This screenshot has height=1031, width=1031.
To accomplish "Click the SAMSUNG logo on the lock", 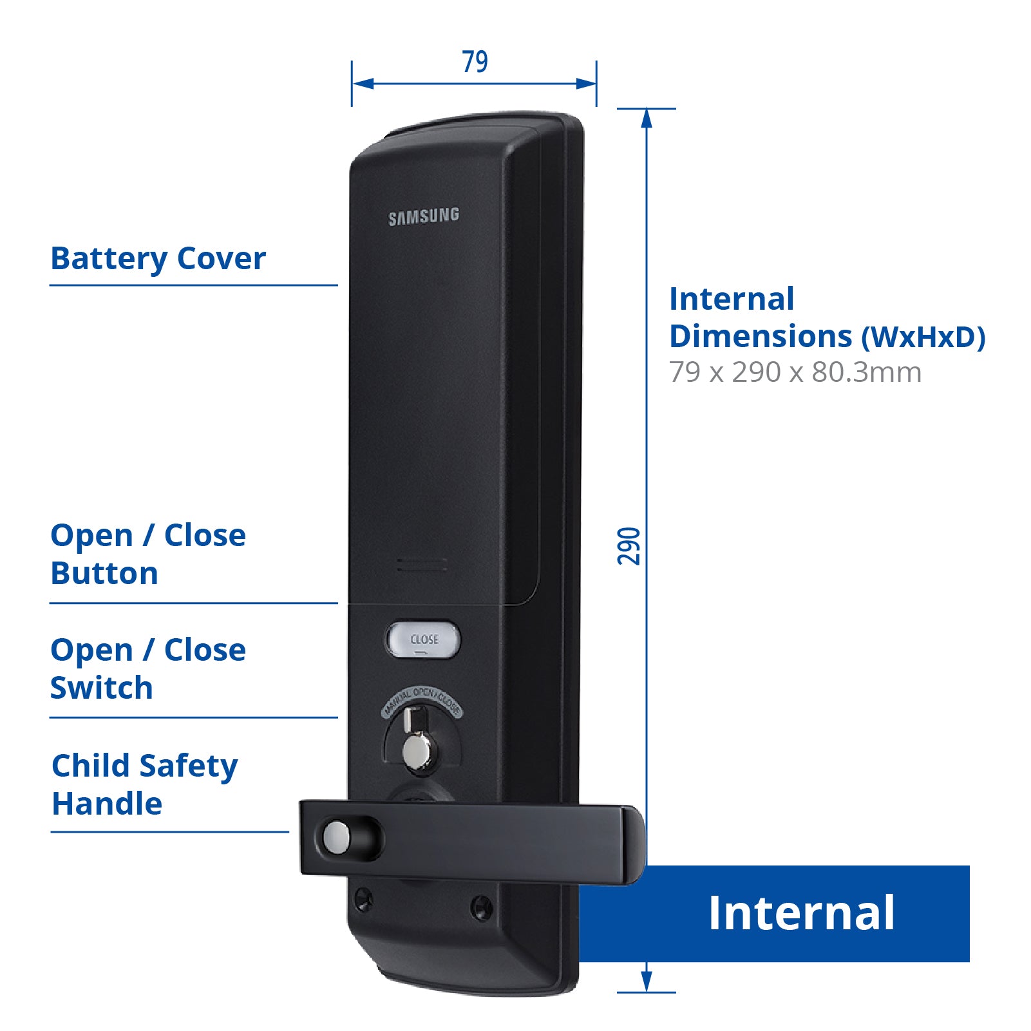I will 424,216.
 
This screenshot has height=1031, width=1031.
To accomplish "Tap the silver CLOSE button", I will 423,639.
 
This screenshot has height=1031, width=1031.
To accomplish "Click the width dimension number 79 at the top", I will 475,62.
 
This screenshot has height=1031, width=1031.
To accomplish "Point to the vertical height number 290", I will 629,546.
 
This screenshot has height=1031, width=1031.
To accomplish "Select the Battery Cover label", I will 158,259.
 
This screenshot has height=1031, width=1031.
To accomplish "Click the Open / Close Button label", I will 148,554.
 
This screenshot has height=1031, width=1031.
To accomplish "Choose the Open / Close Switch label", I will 148,668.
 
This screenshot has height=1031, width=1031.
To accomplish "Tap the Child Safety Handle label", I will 144,784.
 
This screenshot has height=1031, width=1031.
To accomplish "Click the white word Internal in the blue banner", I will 801,913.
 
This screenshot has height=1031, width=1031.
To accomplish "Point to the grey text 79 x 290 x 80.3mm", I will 795,372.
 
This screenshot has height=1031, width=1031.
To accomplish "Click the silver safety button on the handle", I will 336,836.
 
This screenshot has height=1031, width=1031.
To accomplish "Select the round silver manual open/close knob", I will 417,752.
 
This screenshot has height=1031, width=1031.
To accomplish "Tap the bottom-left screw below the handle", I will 363,898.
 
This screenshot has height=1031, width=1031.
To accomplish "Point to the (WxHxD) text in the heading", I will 923,337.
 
